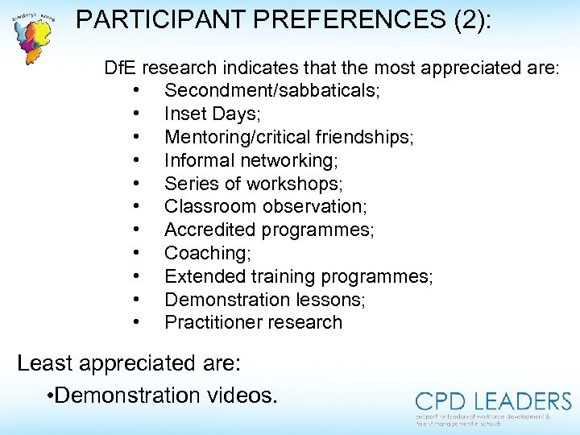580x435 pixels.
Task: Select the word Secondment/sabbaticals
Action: [271, 90]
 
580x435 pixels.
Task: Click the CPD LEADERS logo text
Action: [493, 402]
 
